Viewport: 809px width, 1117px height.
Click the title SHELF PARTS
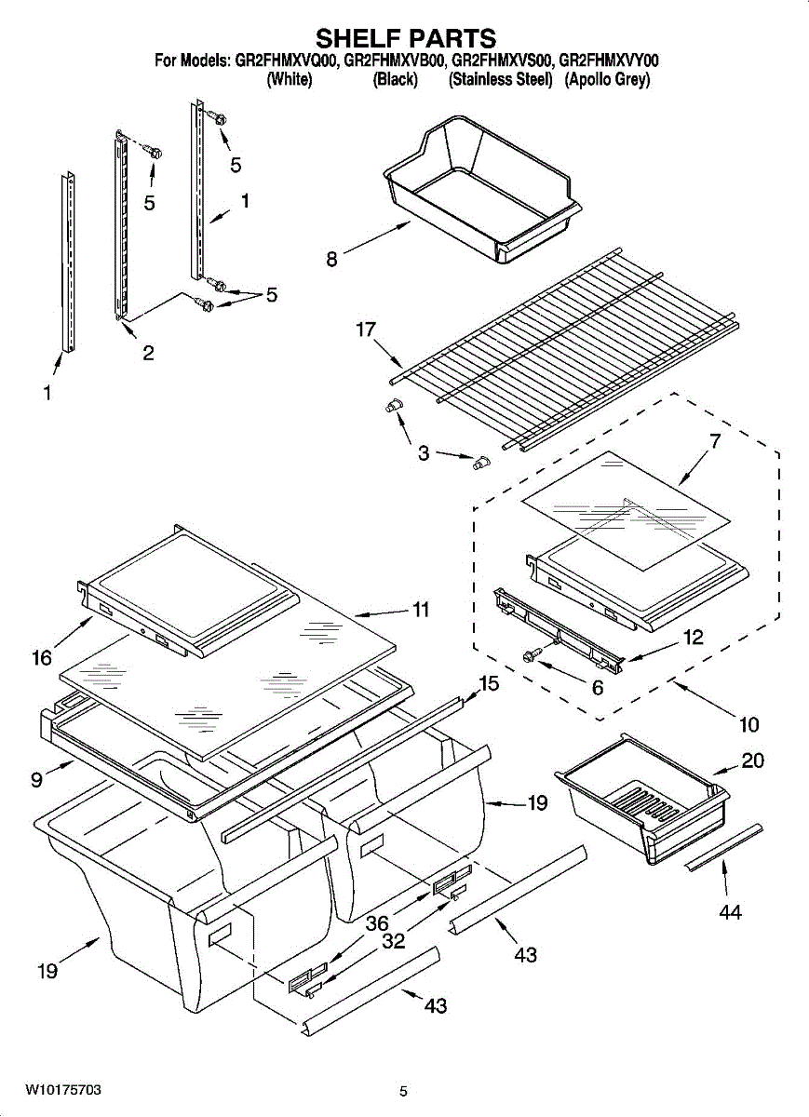pyautogui.click(x=405, y=38)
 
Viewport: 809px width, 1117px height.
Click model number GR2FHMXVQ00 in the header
pyautogui.click(x=287, y=61)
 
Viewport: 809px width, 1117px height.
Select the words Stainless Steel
pyautogui.click(x=501, y=80)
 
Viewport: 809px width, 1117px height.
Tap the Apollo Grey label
pyautogui.click(x=607, y=80)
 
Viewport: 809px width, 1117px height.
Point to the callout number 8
pyautogui.click(x=332, y=260)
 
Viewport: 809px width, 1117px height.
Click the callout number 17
pyautogui.click(x=367, y=330)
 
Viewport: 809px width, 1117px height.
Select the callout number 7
pyautogui.click(x=714, y=442)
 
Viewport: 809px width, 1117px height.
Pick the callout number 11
pyautogui.click(x=421, y=610)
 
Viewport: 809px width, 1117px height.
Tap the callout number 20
pyautogui.click(x=752, y=760)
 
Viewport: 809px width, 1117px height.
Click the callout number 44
pyautogui.click(x=730, y=912)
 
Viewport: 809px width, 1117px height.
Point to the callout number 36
pyautogui.click(x=376, y=923)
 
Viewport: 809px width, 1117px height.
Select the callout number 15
pyautogui.click(x=489, y=684)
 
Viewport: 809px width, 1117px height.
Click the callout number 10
pyautogui.click(x=748, y=724)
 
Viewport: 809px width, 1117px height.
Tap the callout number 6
pyautogui.click(x=598, y=688)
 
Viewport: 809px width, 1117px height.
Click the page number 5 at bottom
pyautogui.click(x=403, y=1092)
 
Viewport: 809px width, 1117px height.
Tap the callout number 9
pyautogui.click(x=36, y=779)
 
